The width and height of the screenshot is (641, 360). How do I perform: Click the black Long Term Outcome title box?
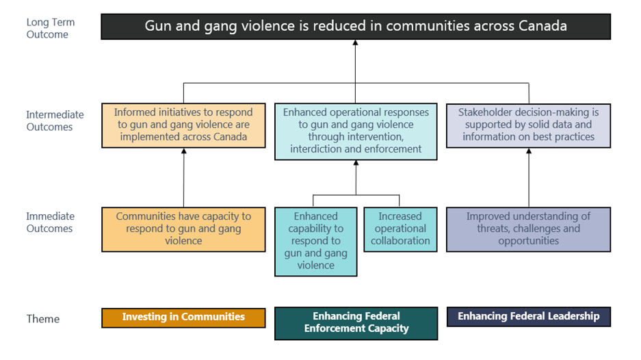[x=356, y=27]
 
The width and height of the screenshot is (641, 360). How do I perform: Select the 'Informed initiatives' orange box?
[x=183, y=125]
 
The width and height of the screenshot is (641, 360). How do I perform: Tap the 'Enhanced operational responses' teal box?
[x=356, y=131]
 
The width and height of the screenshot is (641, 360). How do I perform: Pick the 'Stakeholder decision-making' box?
[x=528, y=125]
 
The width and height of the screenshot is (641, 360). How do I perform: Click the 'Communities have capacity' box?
[x=183, y=229]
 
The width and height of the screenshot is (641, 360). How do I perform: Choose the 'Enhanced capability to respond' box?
[x=315, y=241]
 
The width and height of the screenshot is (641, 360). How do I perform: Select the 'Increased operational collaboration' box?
[x=400, y=229]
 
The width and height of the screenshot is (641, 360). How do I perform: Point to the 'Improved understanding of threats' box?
[x=528, y=229]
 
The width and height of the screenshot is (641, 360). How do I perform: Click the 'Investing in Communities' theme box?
[x=183, y=318]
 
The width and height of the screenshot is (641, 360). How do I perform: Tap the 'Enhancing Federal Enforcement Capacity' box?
[x=356, y=323]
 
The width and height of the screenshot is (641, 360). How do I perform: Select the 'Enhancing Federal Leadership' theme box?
[x=528, y=316]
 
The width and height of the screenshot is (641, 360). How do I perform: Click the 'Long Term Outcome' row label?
[x=50, y=28]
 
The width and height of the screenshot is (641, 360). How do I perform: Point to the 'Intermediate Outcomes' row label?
[x=55, y=120]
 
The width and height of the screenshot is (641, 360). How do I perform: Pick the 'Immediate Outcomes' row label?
[x=50, y=222]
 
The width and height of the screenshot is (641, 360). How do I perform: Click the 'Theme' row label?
[x=43, y=319]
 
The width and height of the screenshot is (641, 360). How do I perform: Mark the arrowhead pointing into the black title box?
[x=356, y=43]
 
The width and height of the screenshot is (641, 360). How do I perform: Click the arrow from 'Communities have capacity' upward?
[x=184, y=178]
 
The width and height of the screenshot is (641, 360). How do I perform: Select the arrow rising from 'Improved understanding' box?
[x=528, y=178]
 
